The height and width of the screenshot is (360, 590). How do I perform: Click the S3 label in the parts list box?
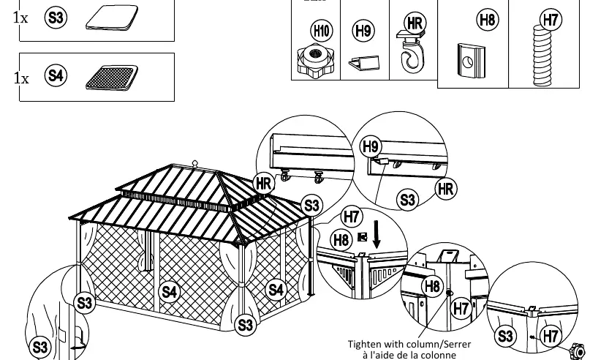click(x=56, y=18)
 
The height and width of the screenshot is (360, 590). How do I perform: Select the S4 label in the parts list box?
click(x=56, y=75)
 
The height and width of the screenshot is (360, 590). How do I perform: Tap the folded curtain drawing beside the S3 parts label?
click(x=112, y=18)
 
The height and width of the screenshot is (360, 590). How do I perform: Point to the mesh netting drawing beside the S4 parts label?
click(x=112, y=78)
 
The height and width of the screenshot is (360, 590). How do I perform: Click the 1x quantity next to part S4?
click(x=21, y=78)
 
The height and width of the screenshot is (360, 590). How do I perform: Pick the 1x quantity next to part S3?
click(x=20, y=18)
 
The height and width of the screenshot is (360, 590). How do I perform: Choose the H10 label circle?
click(x=322, y=31)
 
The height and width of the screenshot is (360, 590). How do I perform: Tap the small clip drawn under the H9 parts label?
click(x=364, y=63)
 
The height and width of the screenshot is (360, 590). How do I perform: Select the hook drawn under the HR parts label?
click(x=411, y=52)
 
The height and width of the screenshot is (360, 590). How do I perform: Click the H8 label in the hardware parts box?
click(x=488, y=20)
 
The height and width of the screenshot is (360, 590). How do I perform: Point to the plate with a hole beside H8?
click(x=471, y=60)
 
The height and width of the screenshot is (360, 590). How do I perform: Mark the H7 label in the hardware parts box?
click(x=551, y=20)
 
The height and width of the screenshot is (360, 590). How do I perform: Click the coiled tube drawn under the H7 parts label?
click(x=542, y=56)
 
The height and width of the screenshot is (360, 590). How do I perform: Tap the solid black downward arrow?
click(x=377, y=235)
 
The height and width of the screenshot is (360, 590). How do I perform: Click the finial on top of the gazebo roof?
click(x=195, y=164)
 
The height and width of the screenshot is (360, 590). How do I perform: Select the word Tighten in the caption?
click(x=363, y=344)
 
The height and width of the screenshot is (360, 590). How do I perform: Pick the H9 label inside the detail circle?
click(x=371, y=146)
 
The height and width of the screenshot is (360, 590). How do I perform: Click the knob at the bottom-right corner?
click(x=578, y=351)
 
